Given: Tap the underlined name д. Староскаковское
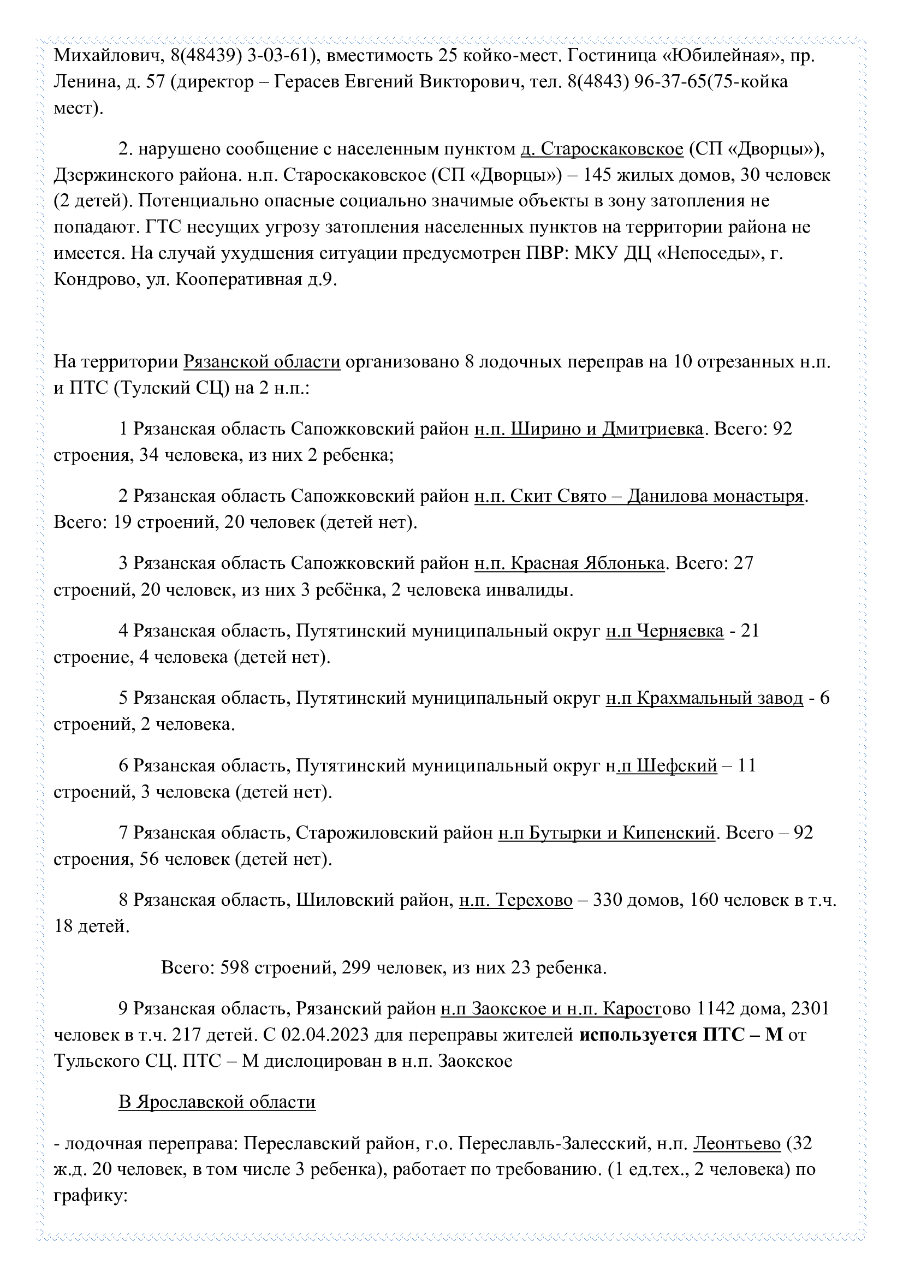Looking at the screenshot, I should (x=602, y=149).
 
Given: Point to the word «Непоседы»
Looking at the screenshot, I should (x=705, y=253).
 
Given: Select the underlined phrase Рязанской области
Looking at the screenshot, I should (x=262, y=362).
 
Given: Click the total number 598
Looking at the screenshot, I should (x=234, y=968).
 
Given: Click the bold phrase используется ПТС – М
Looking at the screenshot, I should (x=681, y=1035).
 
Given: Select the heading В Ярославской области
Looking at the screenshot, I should (x=217, y=1102).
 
